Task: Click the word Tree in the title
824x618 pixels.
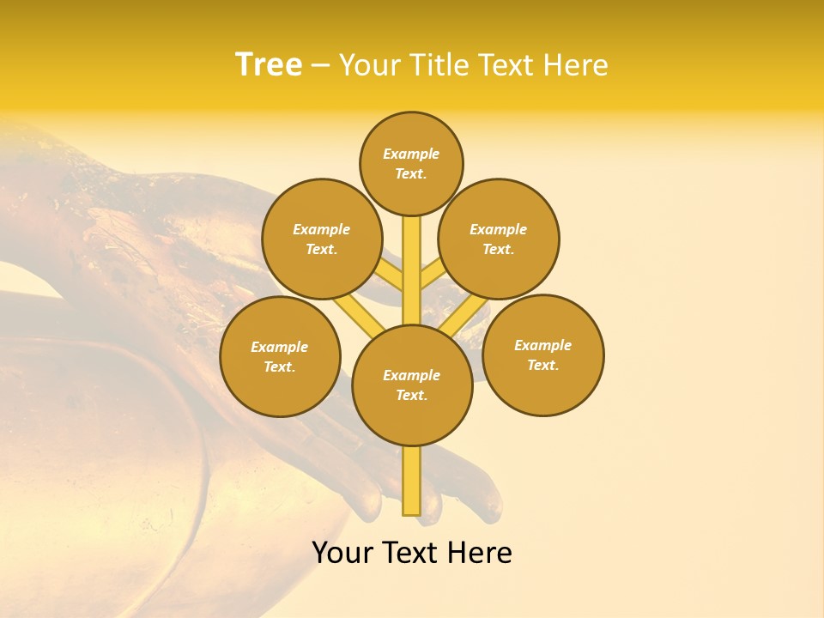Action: tap(269, 64)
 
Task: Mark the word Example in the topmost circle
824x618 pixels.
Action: tap(411, 154)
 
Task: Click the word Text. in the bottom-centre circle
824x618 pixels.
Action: tap(412, 396)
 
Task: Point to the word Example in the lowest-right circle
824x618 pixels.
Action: tap(542, 345)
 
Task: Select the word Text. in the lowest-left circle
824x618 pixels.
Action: tap(279, 367)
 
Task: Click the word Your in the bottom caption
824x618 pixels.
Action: tap(342, 553)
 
